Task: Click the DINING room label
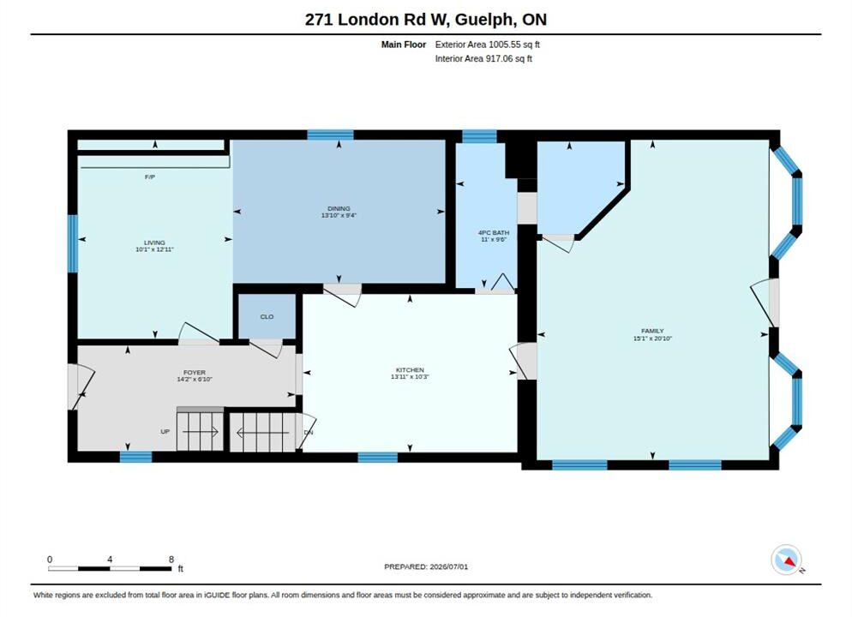click(x=339, y=208)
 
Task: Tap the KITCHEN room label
click(x=410, y=370)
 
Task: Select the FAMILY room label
click(x=652, y=331)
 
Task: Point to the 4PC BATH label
click(x=494, y=232)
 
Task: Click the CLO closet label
click(x=267, y=317)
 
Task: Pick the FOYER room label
click(x=195, y=373)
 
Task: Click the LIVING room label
click(x=154, y=243)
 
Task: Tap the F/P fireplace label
click(x=150, y=177)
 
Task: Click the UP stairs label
click(x=165, y=432)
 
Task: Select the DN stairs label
click(x=309, y=433)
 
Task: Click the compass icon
click(x=786, y=560)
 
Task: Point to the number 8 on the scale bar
click(x=171, y=560)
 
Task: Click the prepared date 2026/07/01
click(x=449, y=566)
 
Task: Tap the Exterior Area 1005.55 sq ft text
click(x=488, y=45)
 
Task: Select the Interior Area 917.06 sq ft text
click(x=483, y=58)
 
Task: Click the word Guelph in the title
click(x=483, y=20)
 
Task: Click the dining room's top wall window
click(x=330, y=135)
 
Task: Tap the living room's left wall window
click(x=73, y=243)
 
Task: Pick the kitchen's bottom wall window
click(x=378, y=458)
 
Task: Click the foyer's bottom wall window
click(x=135, y=457)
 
